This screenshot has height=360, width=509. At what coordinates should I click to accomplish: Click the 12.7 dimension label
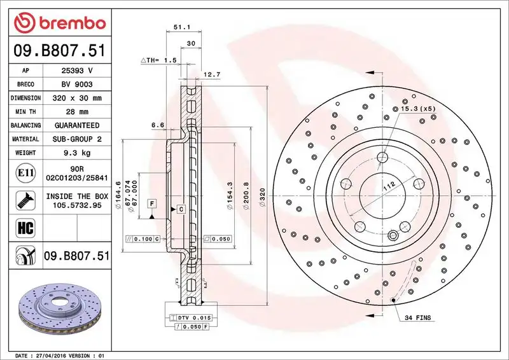[213, 75]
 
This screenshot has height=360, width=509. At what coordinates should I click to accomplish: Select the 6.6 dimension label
[158, 126]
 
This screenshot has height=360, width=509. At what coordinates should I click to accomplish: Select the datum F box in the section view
[152, 203]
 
